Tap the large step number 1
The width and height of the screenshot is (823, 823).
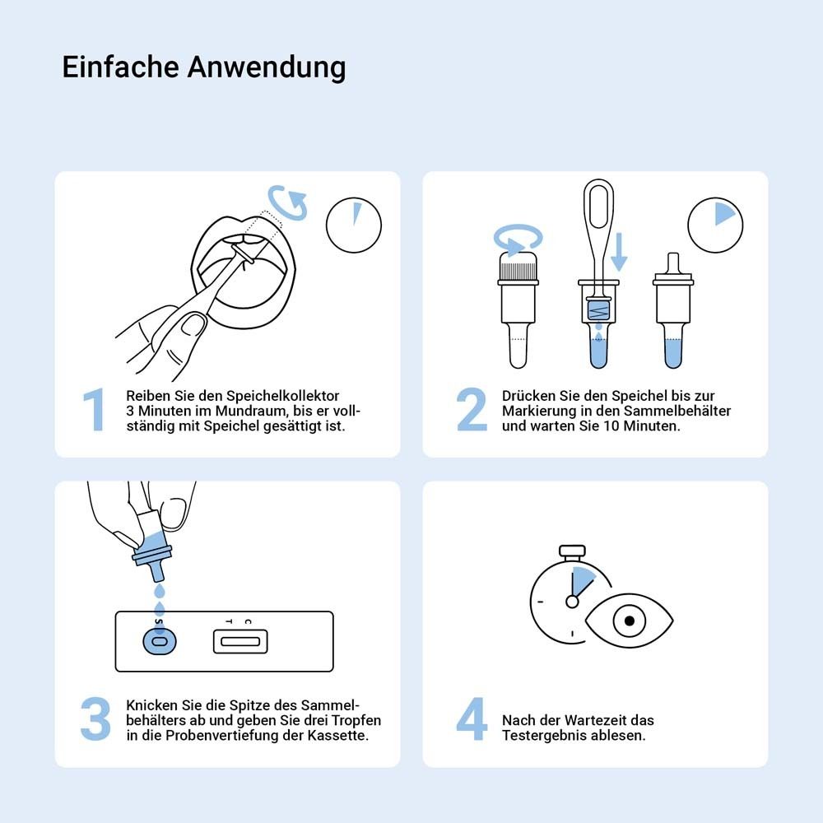click(x=95, y=410)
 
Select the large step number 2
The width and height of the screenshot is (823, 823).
click(x=472, y=410)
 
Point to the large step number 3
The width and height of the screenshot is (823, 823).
click(x=95, y=719)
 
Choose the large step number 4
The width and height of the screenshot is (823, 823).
click(x=472, y=719)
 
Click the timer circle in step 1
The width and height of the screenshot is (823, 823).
click(x=354, y=224)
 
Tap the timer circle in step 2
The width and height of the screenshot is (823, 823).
click(x=715, y=224)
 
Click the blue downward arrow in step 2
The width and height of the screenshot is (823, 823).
click(x=619, y=252)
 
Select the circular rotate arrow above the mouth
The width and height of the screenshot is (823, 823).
click(x=287, y=202)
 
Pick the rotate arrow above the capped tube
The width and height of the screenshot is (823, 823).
click(x=518, y=239)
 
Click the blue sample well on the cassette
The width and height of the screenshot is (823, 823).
click(x=160, y=641)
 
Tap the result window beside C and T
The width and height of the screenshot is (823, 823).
click(x=241, y=641)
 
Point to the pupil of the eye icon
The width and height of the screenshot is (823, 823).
click(x=629, y=621)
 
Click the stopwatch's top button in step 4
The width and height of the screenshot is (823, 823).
click(x=572, y=550)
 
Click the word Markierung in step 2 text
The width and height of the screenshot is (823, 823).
click(x=537, y=411)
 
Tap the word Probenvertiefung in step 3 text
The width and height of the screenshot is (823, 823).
click(x=203, y=735)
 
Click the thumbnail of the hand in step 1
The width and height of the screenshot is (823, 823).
click(x=195, y=326)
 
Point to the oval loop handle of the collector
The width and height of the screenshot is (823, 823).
click(x=598, y=205)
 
